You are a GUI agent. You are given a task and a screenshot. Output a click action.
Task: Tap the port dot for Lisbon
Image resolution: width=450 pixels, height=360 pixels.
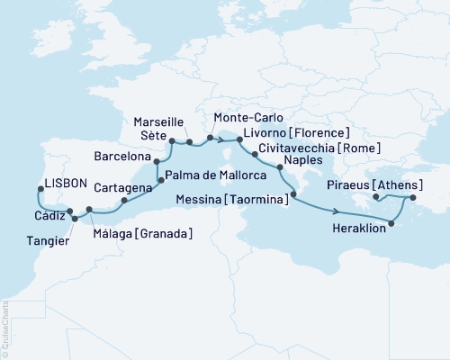pos(40,189)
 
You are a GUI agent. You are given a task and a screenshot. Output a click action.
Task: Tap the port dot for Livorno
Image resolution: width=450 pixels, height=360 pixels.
pos(238,139)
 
